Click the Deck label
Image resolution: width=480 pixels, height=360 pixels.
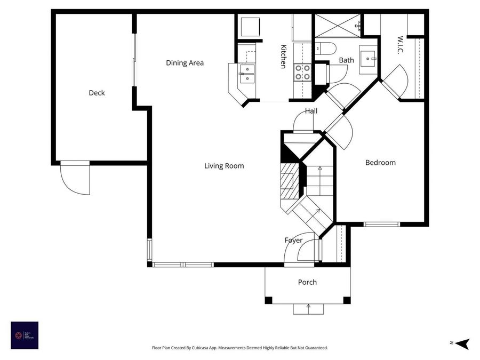(97, 93)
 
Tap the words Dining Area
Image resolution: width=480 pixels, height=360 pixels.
(185, 63)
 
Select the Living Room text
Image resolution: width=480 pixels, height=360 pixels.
(224, 166)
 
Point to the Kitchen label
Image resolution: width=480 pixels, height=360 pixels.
(284, 56)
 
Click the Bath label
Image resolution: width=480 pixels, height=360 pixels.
(346, 60)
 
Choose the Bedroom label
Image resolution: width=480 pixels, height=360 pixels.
(380, 163)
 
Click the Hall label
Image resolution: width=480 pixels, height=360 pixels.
(311, 111)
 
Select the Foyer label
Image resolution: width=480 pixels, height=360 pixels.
(293, 241)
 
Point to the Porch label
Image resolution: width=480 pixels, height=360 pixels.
(307, 282)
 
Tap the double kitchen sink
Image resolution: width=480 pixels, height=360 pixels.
(247, 74)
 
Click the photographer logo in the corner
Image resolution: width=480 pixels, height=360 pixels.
(25, 335)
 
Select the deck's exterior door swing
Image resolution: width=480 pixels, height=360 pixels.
(75, 179)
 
